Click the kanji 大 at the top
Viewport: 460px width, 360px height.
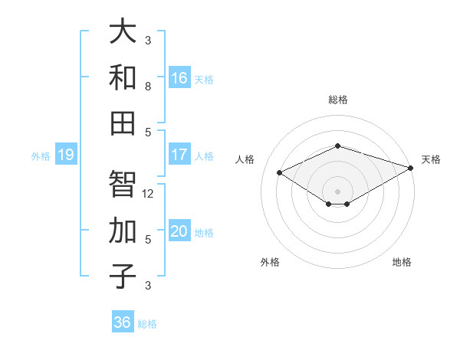click(123, 32)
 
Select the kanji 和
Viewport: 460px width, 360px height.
click(123, 77)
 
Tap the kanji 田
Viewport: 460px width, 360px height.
click(123, 123)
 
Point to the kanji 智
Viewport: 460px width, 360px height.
click(123, 185)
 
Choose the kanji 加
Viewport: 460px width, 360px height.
click(123, 231)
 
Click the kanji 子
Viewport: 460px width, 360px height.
click(123, 276)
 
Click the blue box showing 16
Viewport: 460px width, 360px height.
click(179, 78)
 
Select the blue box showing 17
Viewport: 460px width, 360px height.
click(179, 155)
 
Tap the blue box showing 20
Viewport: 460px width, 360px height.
click(179, 232)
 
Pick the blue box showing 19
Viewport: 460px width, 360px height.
click(65, 155)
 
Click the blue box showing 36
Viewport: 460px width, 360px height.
click(123, 322)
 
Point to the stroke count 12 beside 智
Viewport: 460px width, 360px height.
click(149, 194)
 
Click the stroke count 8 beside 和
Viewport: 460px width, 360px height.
click(148, 87)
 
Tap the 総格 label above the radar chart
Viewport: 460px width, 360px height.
click(337, 100)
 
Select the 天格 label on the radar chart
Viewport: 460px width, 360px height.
click(431, 159)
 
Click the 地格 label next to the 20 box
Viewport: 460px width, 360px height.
click(204, 233)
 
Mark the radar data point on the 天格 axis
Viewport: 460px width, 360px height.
click(412, 169)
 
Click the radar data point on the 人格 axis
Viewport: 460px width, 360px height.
click(280, 172)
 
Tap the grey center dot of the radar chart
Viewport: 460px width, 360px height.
click(337, 190)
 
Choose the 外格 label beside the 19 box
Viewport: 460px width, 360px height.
click(41, 156)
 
